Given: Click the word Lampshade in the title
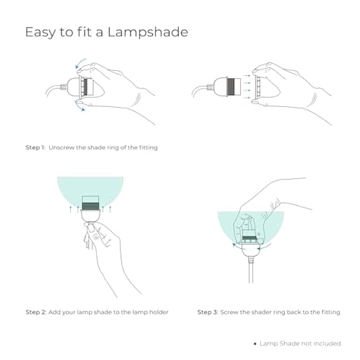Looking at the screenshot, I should (149, 32).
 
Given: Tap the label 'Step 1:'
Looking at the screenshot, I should (35, 148).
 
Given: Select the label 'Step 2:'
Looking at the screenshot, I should (36, 312).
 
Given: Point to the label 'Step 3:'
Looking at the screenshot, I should (208, 312).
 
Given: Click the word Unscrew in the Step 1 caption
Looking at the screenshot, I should (62, 148).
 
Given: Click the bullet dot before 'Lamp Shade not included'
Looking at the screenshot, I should (255, 344).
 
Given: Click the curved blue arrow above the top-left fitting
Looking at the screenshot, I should (81, 61).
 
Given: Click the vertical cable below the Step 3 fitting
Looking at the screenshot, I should (251, 271).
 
